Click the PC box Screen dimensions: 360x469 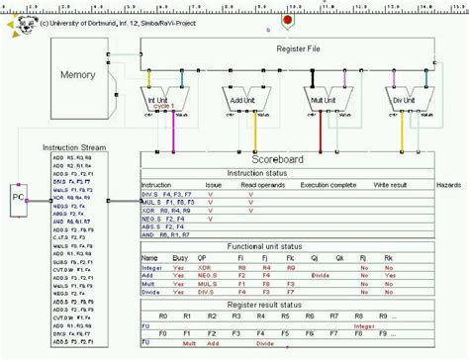pyautogui.click(x=18, y=199)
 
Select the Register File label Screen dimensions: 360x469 pyautogui.click(x=297, y=46)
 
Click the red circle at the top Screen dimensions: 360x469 pyautogui.click(x=287, y=19)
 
